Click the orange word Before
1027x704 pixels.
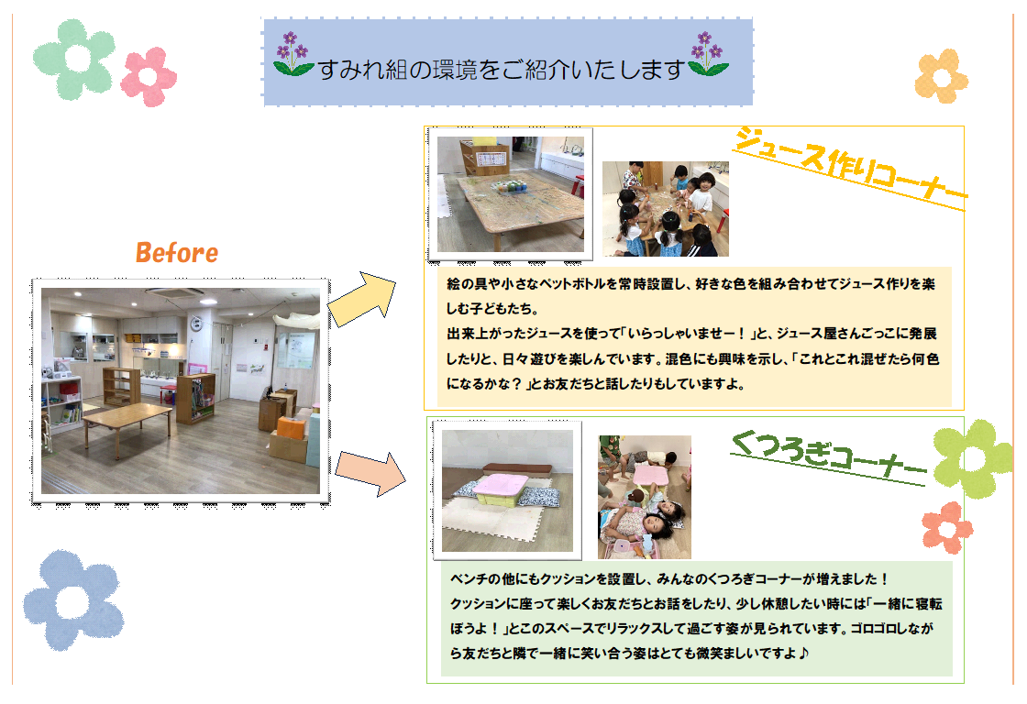pos(177,253)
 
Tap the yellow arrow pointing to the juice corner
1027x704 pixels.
pos(362,300)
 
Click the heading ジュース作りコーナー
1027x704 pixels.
pos(849,169)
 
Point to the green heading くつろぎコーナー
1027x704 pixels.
pos(829,458)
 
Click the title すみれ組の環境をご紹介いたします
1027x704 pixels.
pos(501,69)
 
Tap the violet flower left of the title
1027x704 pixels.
pos(293,54)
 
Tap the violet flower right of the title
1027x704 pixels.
pos(707,54)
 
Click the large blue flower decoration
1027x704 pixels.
pos(73,600)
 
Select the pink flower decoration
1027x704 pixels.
pos(149,77)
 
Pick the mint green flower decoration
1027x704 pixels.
pos(74,60)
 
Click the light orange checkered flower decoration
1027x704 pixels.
pos(941,76)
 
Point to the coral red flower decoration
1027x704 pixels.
pos(947,528)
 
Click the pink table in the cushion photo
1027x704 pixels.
pos(501,488)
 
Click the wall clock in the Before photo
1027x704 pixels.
pos(195,323)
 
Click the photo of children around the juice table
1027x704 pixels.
pos(666,209)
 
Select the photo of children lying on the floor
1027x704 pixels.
pos(645,497)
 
